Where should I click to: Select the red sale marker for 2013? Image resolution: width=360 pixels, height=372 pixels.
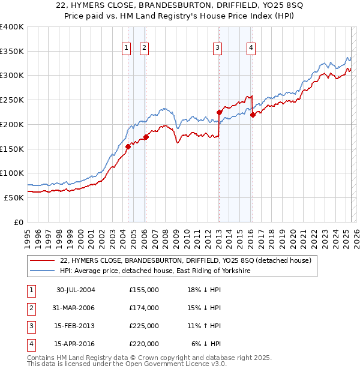pyautogui.click(x=219, y=112)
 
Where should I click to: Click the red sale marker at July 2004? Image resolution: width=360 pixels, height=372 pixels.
pyautogui.click(x=128, y=146)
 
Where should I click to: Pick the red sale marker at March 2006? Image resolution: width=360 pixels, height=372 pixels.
pyautogui.click(x=146, y=137)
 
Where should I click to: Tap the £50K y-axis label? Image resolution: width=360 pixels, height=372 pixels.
pyautogui.click(x=13, y=197)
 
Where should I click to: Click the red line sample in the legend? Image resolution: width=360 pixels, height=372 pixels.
pyautogui.click(x=43, y=261)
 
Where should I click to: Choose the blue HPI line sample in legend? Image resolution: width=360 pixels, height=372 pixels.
pyautogui.click(x=43, y=271)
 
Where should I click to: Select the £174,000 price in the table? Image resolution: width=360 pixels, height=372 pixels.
pyautogui.click(x=144, y=308)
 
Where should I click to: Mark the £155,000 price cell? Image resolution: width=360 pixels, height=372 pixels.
pyautogui.click(x=144, y=290)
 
